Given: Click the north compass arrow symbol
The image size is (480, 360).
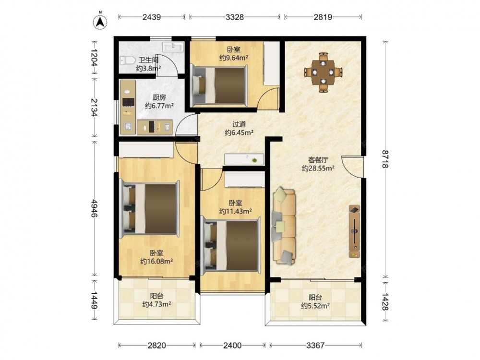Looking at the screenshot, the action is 100,21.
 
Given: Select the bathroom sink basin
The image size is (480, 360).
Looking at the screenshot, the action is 173,47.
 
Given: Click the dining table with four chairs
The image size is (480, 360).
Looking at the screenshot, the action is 323,72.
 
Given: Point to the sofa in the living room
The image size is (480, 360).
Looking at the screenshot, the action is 284,226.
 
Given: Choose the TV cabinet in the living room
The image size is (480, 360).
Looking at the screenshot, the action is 354,231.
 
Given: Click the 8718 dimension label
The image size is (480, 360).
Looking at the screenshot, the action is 385,159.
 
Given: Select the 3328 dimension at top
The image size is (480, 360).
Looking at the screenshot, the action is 235,17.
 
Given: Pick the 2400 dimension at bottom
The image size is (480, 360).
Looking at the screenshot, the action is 232,346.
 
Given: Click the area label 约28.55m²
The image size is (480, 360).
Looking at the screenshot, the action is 318,168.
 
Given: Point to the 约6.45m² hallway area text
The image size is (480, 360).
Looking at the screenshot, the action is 239,132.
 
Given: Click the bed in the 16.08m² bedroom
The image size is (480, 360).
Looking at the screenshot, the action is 149,208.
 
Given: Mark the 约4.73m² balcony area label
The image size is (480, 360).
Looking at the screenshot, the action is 156,304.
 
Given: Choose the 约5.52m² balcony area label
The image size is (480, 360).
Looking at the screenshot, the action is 315,305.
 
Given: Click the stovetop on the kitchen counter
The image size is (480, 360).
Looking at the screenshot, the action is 129,102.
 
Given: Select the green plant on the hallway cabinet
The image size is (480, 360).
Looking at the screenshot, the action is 254,160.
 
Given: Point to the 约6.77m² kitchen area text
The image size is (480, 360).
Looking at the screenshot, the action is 159,106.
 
